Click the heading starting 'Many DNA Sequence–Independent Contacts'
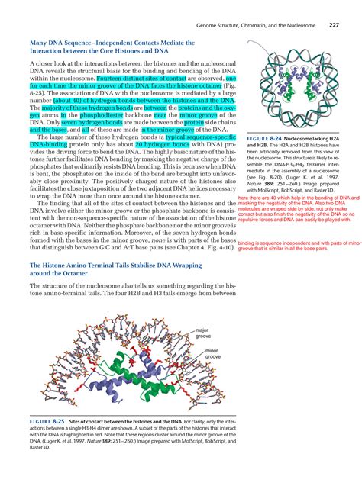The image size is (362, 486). (x=113, y=44)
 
